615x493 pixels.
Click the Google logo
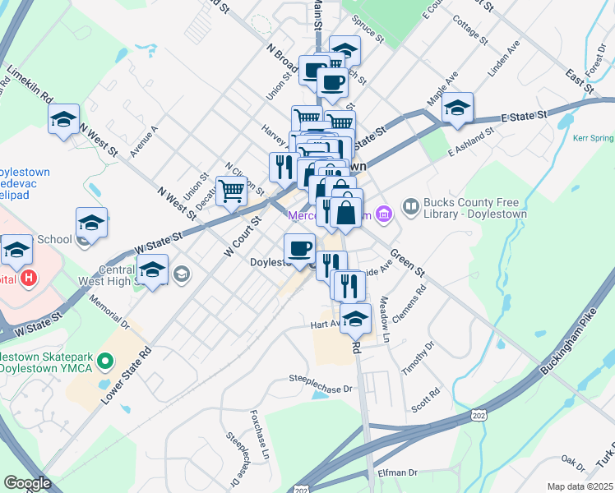[27, 483]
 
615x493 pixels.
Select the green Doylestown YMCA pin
[104, 360]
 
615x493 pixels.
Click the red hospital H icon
[29, 278]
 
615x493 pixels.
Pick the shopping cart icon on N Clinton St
[232, 191]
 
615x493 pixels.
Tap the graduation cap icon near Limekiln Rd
[63, 120]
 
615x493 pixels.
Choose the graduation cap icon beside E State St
[457, 108]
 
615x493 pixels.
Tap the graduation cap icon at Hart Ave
[355, 318]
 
